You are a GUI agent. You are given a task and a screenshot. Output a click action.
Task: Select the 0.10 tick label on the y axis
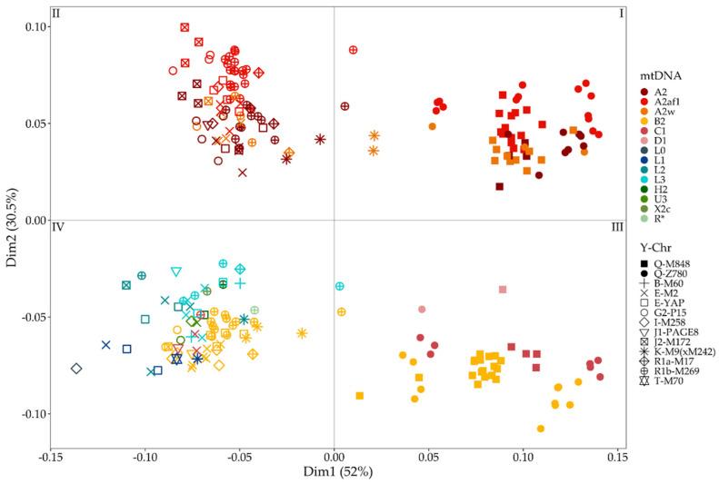tap(32, 26)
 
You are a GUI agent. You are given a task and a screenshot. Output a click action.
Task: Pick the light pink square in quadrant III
tap(503, 290)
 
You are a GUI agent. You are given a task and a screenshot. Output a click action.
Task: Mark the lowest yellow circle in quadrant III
tap(541, 428)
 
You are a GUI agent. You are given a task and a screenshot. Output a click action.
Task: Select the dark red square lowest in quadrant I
tap(499, 186)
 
